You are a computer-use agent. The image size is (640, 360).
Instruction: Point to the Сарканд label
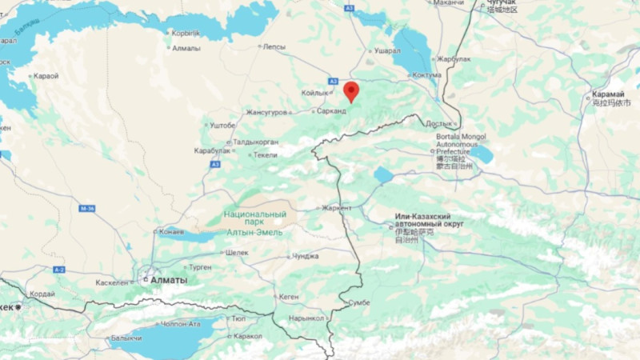[x=332, y=111]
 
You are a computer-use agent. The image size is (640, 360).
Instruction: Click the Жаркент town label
[x=337, y=208]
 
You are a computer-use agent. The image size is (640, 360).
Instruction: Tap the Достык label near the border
[x=439, y=124]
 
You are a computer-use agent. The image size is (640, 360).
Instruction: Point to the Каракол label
[x=248, y=336]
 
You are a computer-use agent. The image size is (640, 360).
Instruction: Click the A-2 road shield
[x=59, y=270]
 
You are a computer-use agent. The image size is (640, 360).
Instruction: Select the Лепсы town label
[x=274, y=46]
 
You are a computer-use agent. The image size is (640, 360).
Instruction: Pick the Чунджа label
[x=305, y=256]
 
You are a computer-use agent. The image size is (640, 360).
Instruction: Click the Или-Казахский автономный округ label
[x=434, y=221]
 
